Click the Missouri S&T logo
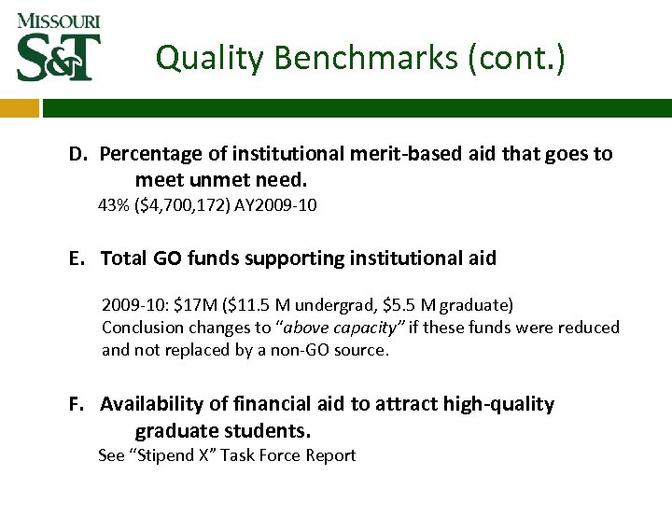58,46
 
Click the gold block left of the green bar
19,108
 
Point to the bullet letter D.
77,154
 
